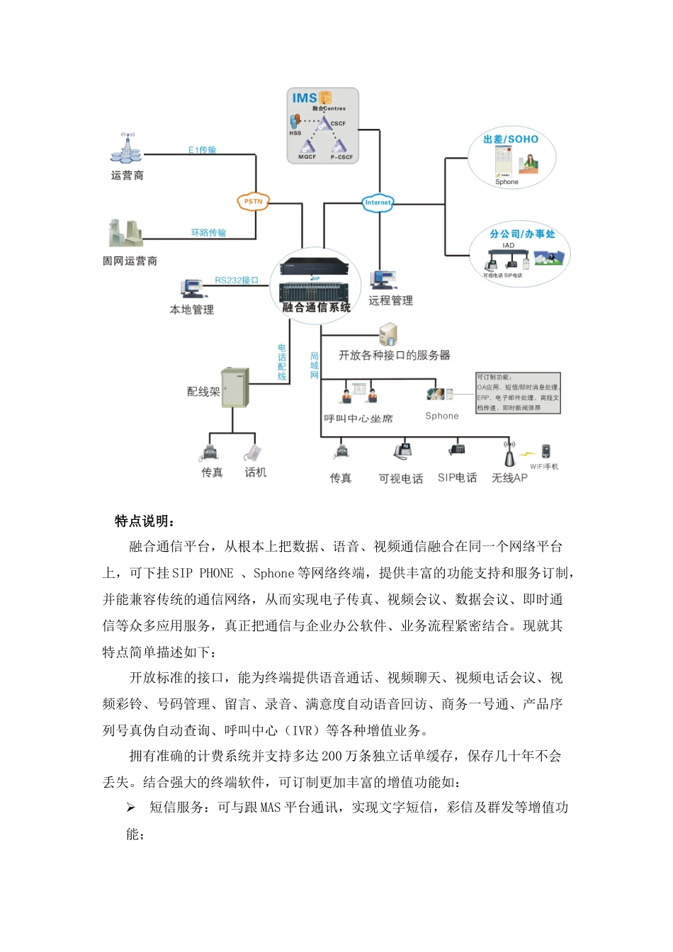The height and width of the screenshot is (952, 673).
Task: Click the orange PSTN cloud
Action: (x=253, y=202)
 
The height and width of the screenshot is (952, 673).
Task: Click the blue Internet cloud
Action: (x=378, y=203)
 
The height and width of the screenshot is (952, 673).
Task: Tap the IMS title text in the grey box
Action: (x=305, y=98)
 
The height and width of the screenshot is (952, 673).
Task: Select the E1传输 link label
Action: (x=203, y=150)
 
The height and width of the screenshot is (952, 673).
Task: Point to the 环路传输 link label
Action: (x=208, y=232)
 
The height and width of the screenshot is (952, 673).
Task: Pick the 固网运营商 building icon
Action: (x=125, y=233)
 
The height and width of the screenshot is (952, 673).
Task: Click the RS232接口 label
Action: (x=237, y=280)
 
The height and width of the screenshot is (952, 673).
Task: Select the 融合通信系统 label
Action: (x=316, y=307)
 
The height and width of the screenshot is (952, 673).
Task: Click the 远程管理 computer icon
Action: (x=383, y=280)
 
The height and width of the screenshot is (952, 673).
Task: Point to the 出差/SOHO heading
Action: (x=511, y=140)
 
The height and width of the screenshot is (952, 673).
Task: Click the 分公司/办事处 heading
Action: (x=522, y=234)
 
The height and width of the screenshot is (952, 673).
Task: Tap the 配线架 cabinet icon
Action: (x=235, y=387)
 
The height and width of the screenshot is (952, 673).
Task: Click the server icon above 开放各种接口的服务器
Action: (x=388, y=334)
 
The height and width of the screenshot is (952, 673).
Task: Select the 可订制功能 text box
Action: (x=518, y=393)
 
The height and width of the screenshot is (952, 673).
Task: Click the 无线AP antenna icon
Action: (x=509, y=453)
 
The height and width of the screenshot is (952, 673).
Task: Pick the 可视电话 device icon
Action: (x=402, y=450)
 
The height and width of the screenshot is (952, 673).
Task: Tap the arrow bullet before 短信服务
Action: (x=131, y=807)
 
